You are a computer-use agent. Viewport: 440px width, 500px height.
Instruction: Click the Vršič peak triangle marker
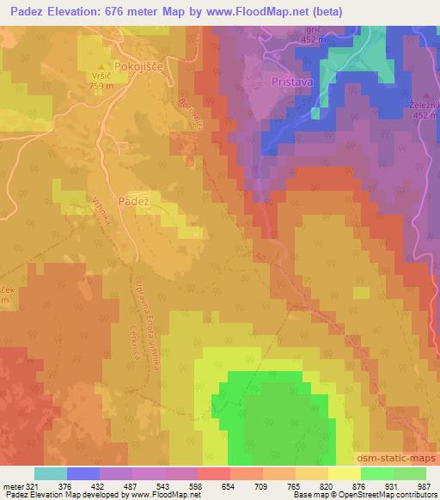tap(101, 66)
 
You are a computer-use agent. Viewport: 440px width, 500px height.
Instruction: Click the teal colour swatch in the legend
tap(50, 473)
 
